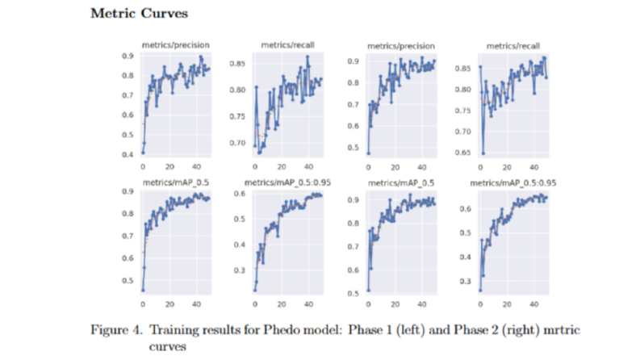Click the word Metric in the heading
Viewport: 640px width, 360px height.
click(x=114, y=13)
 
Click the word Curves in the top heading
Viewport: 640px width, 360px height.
click(x=165, y=13)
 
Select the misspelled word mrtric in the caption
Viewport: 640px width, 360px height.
click(x=562, y=330)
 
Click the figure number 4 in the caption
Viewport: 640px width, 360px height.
click(x=136, y=330)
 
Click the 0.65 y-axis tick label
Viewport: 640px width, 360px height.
click(x=463, y=153)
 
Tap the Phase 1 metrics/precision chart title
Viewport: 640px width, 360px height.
click(x=175, y=45)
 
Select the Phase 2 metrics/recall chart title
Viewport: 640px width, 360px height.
click(x=513, y=46)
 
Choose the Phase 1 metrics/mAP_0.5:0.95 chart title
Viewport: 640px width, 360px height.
click(x=288, y=182)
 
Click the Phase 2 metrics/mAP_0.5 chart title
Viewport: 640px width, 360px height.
click(x=401, y=183)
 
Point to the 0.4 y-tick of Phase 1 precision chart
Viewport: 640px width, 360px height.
click(x=128, y=154)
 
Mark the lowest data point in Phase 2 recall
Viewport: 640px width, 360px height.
click(x=483, y=153)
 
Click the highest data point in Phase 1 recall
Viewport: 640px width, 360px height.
click(x=307, y=57)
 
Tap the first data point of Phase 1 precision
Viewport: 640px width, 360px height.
click(x=143, y=153)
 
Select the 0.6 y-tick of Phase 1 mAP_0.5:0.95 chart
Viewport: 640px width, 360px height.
click(x=240, y=194)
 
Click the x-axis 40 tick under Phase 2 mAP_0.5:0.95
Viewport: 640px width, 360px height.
click(x=534, y=304)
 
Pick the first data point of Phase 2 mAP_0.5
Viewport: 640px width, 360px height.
click(x=369, y=291)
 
